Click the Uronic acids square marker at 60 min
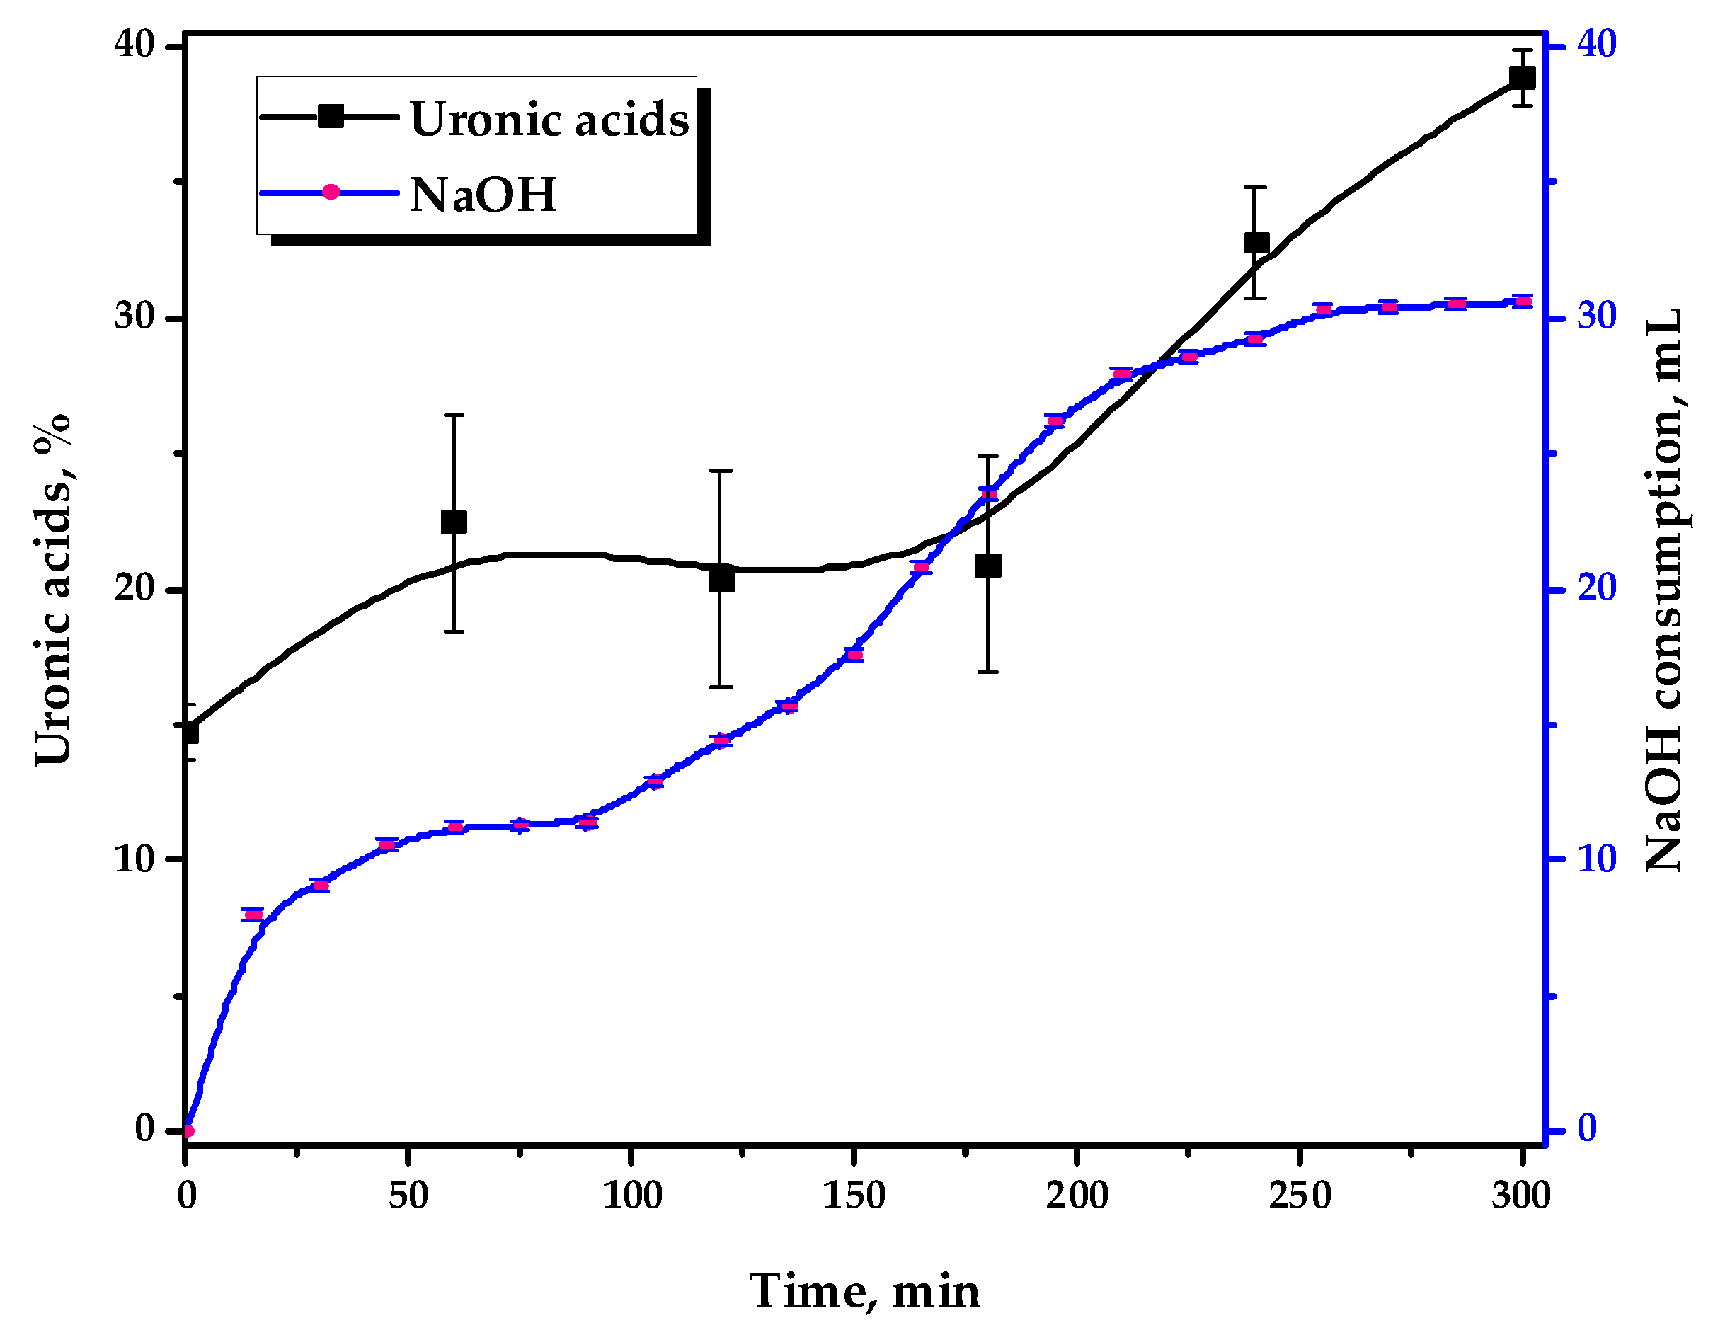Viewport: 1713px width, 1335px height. (453, 522)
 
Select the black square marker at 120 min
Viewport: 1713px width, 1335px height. (721, 580)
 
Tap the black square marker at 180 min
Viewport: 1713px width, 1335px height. (987, 566)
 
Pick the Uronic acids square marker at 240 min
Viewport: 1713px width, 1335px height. (1256, 242)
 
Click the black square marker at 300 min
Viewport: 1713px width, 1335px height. (1523, 79)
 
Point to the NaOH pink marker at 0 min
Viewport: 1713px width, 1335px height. (188, 1130)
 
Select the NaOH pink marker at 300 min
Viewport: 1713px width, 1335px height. (1523, 302)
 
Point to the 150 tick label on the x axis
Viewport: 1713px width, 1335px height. (854, 1196)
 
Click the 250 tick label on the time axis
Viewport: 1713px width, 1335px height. (1300, 1196)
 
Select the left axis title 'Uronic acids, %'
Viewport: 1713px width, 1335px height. (53, 590)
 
